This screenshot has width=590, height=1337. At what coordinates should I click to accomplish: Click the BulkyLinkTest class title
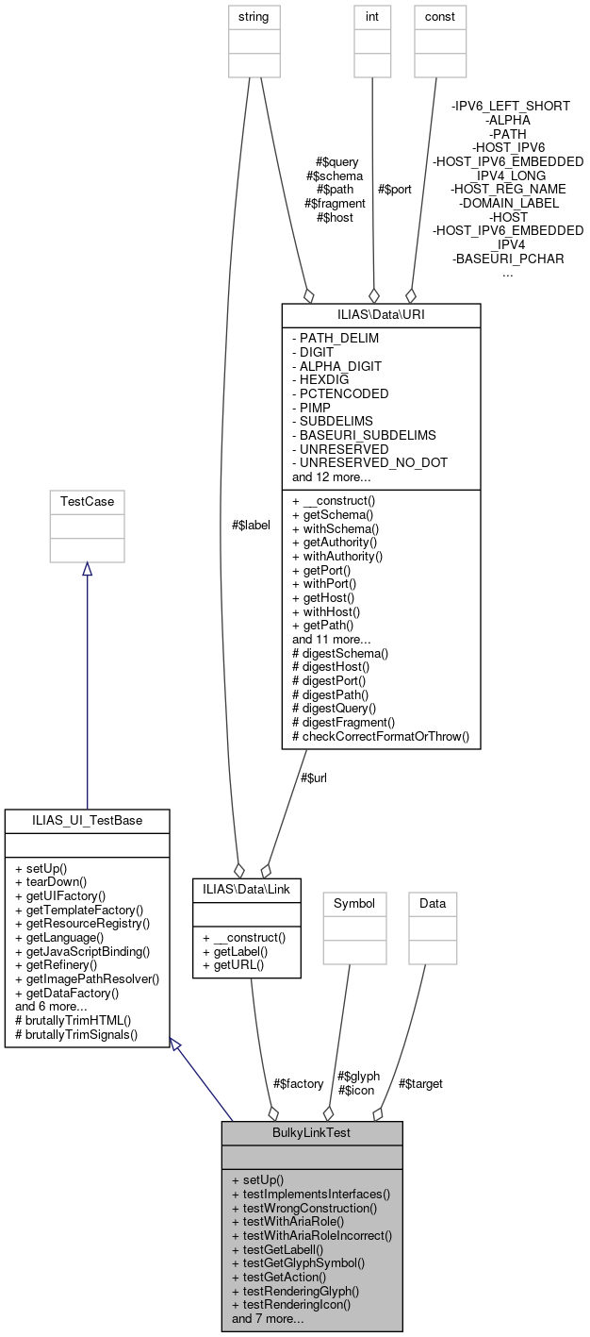312,1131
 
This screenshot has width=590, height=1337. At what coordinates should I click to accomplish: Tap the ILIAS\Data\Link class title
247,888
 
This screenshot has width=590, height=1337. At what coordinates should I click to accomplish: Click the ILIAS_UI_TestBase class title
87,820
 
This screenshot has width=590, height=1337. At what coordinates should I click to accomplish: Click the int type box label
372,16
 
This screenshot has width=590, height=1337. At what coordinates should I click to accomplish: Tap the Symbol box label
354,903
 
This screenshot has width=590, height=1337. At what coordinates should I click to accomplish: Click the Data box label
433,903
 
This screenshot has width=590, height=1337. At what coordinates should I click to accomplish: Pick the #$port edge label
394,189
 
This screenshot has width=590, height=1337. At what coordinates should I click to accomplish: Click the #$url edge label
315,778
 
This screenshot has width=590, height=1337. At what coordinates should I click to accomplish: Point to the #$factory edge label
298,1083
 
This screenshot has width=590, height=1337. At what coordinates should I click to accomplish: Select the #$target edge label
420,1083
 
